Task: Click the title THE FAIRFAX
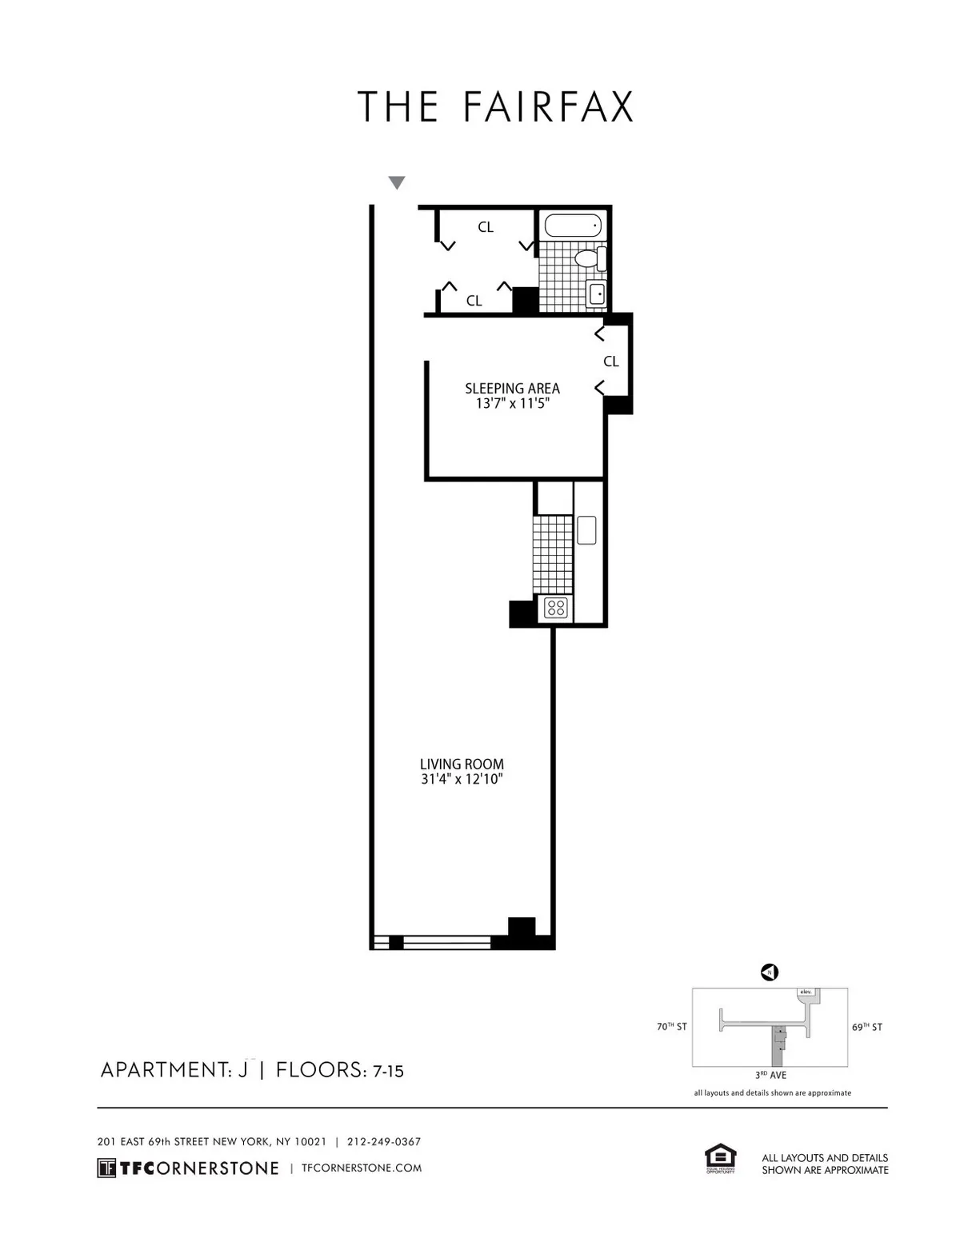coord(495,107)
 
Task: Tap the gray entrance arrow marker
coord(396,183)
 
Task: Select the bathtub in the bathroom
coord(572,226)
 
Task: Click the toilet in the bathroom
coord(590,258)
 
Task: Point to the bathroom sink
coord(597,294)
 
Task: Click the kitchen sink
coord(587,529)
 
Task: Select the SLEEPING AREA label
coord(512,389)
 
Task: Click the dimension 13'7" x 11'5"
coord(512,404)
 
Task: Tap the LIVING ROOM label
coord(462,764)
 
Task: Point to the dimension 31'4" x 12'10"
coord(462,779)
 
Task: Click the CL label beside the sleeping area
coord(610,361)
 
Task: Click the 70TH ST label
coord(671,1027)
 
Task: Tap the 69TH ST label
coord(866,1027)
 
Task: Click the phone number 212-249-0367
coord(383,1142)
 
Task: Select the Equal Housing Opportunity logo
coord(719,1159)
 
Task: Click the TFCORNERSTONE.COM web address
coord(361,1168)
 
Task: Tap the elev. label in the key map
coord(805,992)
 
